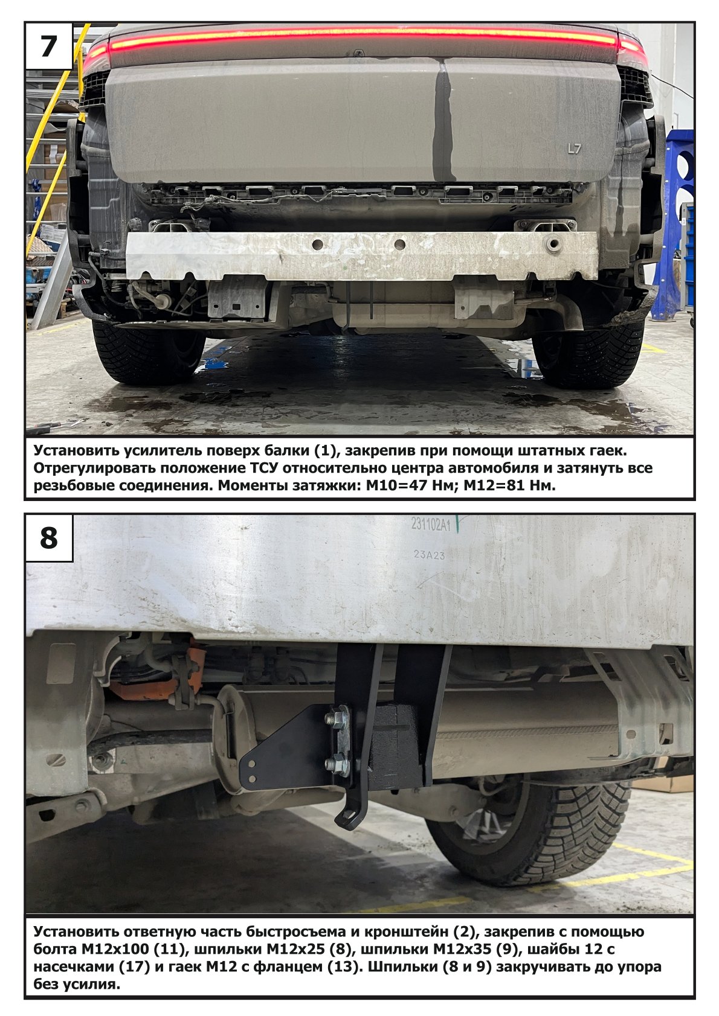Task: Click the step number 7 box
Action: point(49,46)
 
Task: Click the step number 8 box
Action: point(49,538)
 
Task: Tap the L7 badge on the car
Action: point(574,149)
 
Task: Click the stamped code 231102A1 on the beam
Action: point(431,525)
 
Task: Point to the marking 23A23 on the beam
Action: point(429,555)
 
